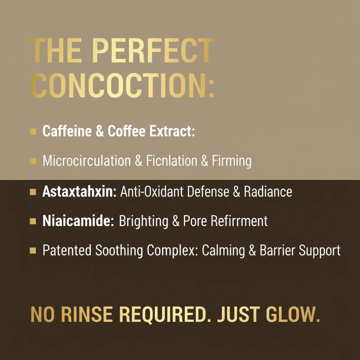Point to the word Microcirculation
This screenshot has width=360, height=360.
(86, 161)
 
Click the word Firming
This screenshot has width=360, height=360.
(231, 161)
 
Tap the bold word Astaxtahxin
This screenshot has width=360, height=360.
(79, 192)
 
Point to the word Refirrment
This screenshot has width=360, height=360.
(239, 221)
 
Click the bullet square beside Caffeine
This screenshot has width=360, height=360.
(33, 132)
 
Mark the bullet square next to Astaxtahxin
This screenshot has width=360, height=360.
(33, 192)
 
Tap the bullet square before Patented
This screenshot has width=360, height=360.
(33, 251)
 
